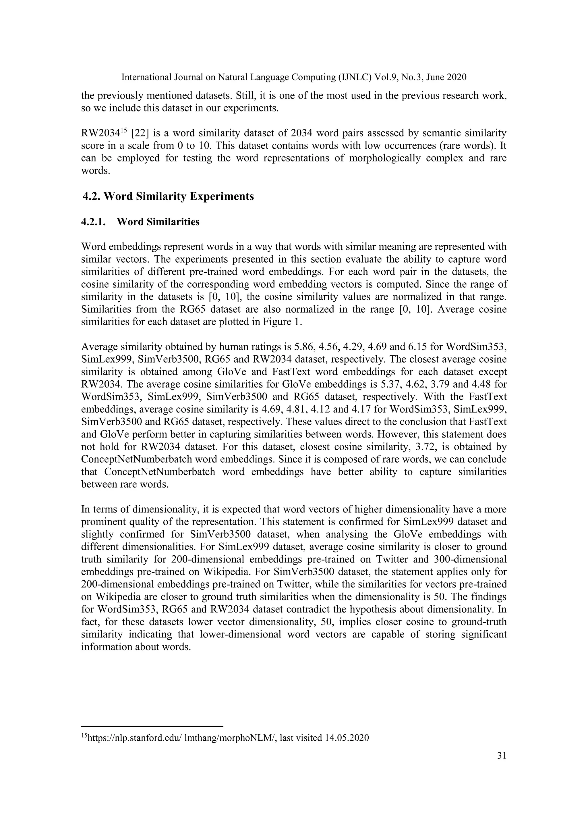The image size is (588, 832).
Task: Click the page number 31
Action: (502, 756)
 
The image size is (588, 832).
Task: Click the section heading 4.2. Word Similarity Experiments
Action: (168, 197)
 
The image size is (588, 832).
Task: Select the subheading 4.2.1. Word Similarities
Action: (140, 222)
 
